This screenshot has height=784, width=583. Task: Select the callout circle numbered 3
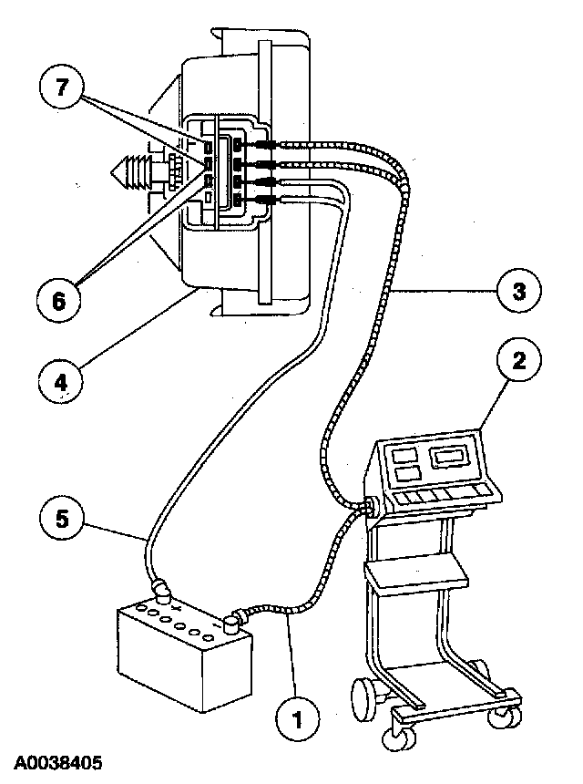click(517, 293)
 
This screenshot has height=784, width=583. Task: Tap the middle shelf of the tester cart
click(414, 574)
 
